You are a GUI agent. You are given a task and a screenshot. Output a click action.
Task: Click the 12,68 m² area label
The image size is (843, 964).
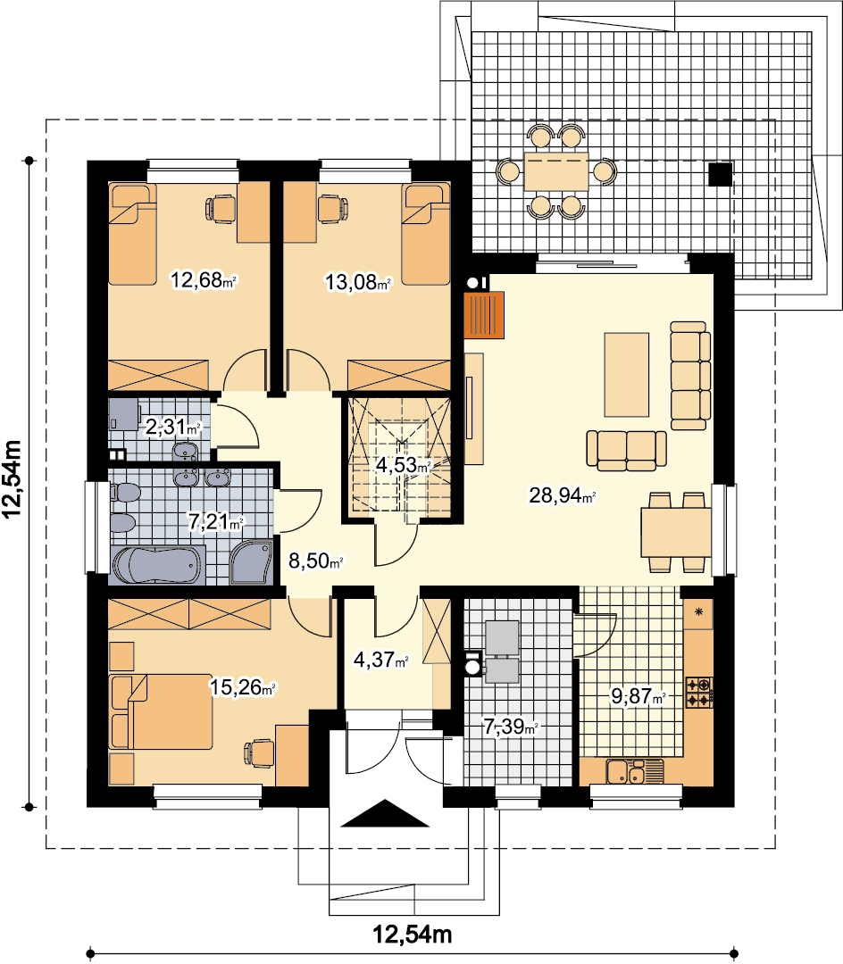[x=204, y=280]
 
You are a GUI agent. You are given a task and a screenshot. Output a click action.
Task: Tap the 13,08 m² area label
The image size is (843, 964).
[x=358, y=282]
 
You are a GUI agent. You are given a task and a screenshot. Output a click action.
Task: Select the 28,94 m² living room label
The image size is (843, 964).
[x=562, y=494]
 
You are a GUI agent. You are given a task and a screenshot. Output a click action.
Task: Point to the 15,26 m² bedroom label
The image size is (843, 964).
[x=243, y=686]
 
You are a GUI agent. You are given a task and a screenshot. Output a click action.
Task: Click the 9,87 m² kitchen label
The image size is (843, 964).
[x=639, y=696]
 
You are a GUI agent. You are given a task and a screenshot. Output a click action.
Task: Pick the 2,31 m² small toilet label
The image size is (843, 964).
[x=172, y=427]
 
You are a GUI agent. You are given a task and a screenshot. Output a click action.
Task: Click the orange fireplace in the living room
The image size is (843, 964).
[x=484, y=315]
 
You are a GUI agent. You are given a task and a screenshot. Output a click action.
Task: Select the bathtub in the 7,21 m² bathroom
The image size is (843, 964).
[x=157, y=565]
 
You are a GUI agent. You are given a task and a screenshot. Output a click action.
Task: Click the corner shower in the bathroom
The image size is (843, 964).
[x=251, y=562]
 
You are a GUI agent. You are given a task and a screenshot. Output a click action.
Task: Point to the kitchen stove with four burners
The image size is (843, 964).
[x=699, y=693]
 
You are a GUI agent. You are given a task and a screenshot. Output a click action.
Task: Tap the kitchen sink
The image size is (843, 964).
[x=635, y=771]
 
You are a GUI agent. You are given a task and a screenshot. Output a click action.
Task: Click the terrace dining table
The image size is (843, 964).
[x=555, y=171]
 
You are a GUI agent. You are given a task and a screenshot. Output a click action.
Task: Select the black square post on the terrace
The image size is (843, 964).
[x=720, y=174]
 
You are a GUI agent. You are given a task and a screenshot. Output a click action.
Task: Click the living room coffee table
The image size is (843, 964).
[x=627, y=375]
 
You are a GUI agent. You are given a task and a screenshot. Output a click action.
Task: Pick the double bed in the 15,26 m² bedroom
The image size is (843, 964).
[x=161, y=712]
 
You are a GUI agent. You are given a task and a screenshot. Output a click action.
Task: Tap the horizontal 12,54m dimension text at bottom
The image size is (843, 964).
[x=413, y=935]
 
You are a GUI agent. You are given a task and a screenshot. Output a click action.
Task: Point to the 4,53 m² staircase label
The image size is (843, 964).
[x=403, y=465]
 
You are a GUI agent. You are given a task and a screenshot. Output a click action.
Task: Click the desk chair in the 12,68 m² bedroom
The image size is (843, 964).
[x=220, y=208]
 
